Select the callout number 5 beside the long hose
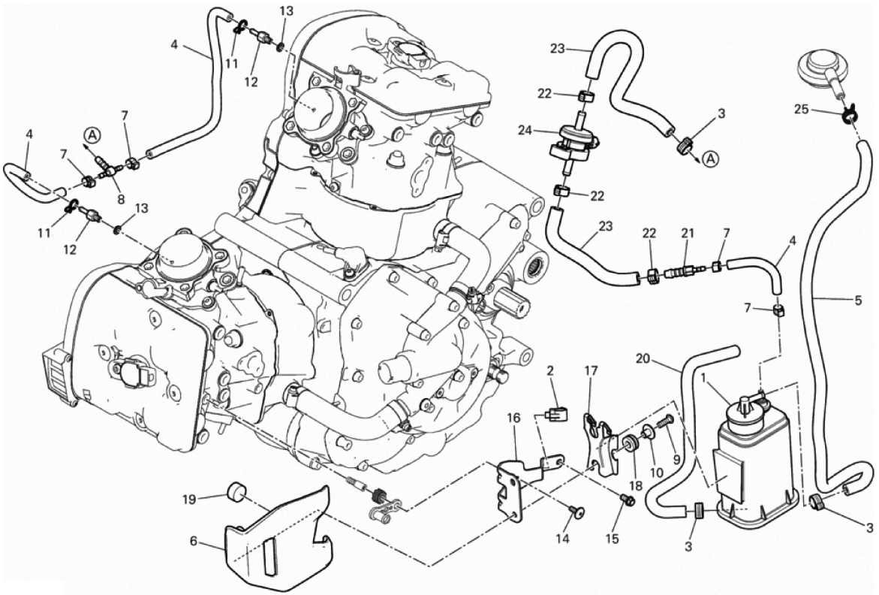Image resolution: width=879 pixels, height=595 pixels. [857, 303]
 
